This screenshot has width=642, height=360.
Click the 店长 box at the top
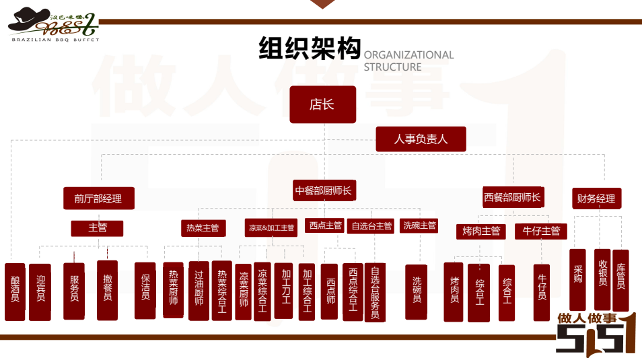click(322, 104)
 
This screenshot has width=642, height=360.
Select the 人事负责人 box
click(421, 140)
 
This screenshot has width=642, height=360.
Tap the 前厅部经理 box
click(98, 199)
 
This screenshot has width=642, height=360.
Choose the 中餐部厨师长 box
click(324, 191)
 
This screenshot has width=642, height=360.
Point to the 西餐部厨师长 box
click(512, 198)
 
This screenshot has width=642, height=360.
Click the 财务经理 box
click(596, 199)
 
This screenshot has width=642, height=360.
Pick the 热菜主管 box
click(203, 228)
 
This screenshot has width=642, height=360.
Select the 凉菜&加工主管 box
click(271, 228)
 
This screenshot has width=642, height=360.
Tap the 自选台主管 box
click(371, 226)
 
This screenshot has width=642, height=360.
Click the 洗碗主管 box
click(419, 226)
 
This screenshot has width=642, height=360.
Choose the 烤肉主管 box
click(482, 231)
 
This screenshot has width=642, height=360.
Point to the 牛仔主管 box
click(541, 231)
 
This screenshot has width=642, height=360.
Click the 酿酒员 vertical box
click(15, 291)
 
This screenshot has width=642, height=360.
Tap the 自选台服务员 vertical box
click(375, 293)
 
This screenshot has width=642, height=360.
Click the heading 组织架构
click(310, 49)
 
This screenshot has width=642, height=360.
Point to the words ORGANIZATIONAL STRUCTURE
click(408, 61)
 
